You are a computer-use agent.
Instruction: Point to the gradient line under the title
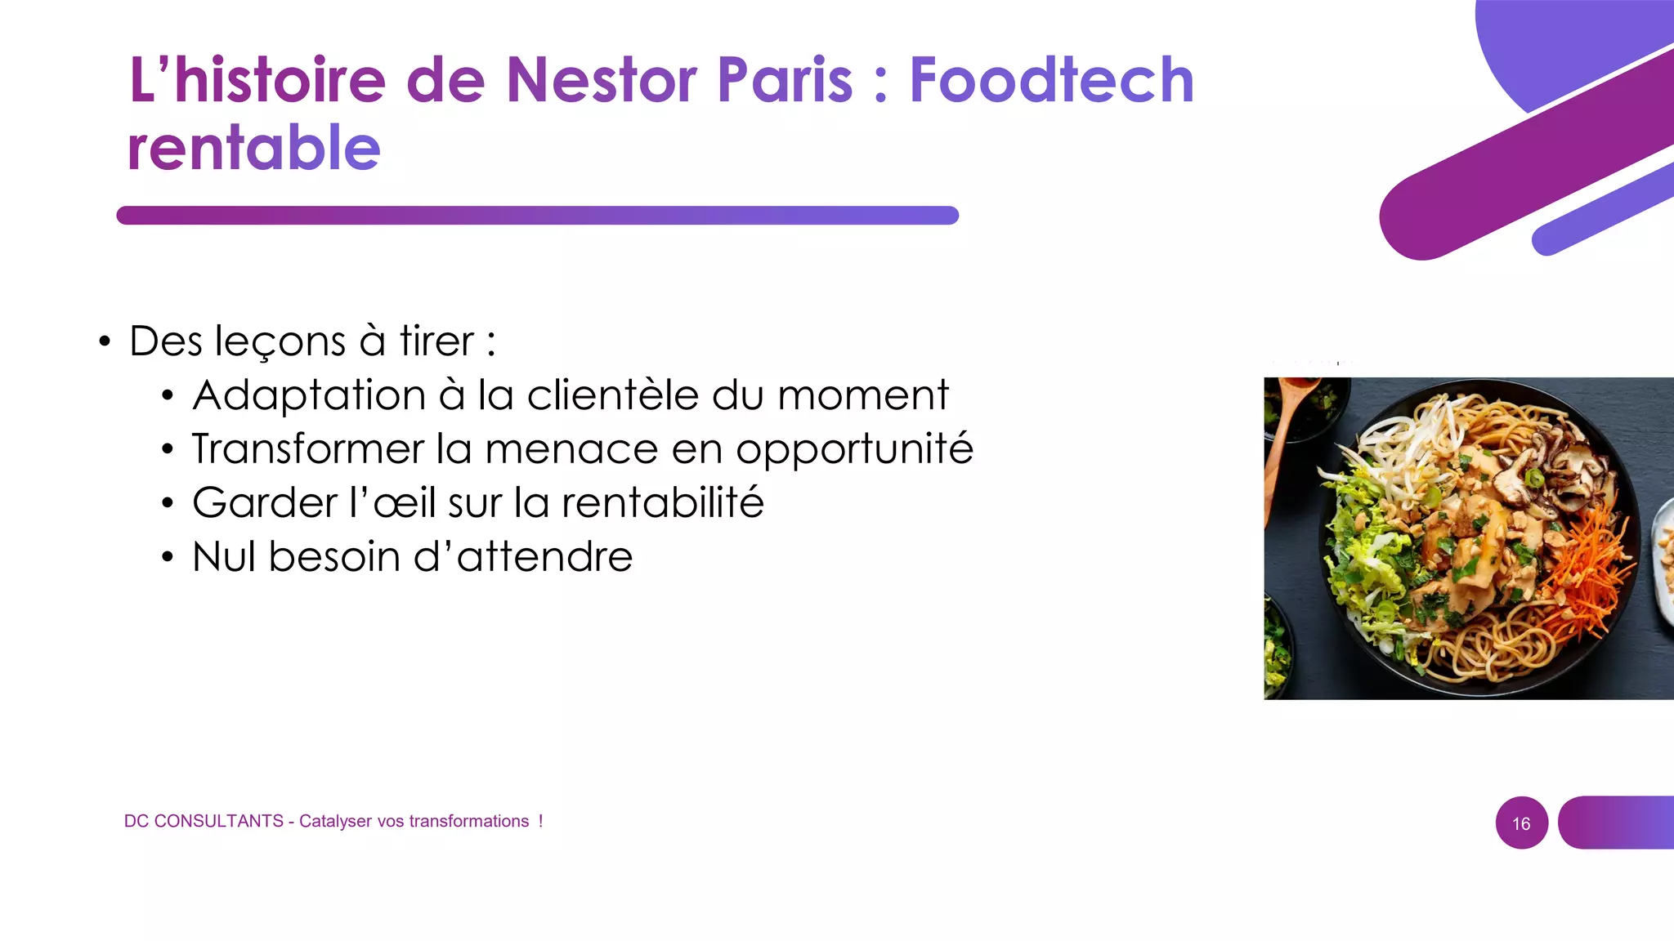coord(537,216)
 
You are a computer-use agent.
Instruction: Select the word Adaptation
coord(309,396)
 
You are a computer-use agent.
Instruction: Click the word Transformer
coord(308,449)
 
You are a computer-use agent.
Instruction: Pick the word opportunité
coord(854,450)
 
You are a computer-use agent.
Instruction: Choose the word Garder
coord(265,502)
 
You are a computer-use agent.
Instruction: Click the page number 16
coord(1521,823)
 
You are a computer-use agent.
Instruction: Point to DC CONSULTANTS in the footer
coord(204,821)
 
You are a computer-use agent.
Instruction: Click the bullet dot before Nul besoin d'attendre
coord(168,558)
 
